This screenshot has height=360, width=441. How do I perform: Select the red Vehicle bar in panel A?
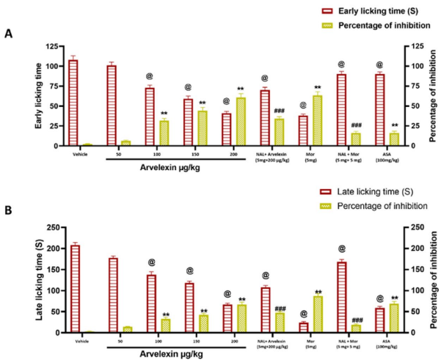[x=73, y=103]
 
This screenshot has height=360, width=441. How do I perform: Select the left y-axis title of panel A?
[x=38, y=95]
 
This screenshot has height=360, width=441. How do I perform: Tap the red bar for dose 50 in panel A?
[x=112, y=106]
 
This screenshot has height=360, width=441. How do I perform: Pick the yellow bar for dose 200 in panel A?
[x=241, y=122]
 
